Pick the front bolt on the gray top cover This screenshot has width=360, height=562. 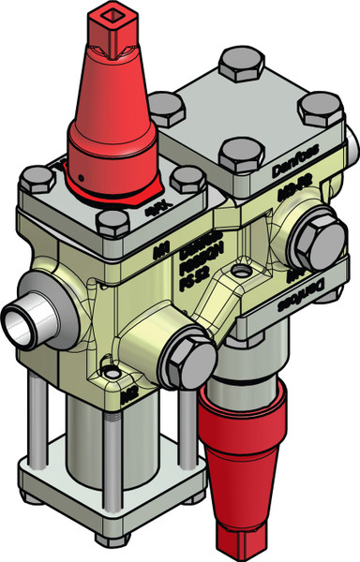pyautogui.click(x=234, y=155)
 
